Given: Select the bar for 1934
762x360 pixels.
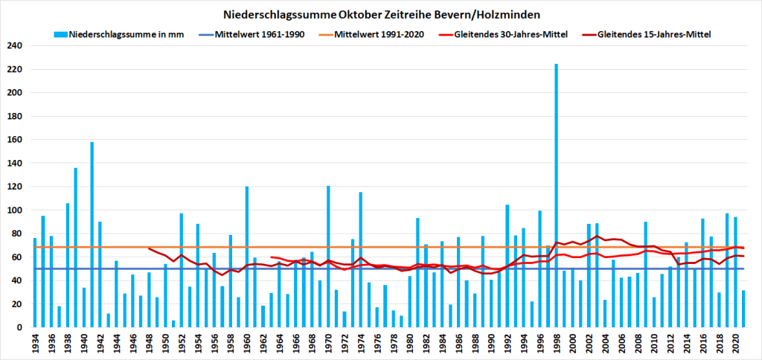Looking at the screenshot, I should tap(35, 283).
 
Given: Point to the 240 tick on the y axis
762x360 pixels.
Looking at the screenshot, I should tap(16, 46).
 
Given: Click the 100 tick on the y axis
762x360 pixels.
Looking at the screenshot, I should tap(16, 210).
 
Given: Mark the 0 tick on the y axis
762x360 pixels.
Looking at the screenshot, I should tap(20, 327).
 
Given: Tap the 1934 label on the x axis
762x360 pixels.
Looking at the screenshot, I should tap(35, 343).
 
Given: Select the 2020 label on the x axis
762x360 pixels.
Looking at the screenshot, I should tap(735, 343).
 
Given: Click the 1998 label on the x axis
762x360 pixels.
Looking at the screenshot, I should tap(556, 343).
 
